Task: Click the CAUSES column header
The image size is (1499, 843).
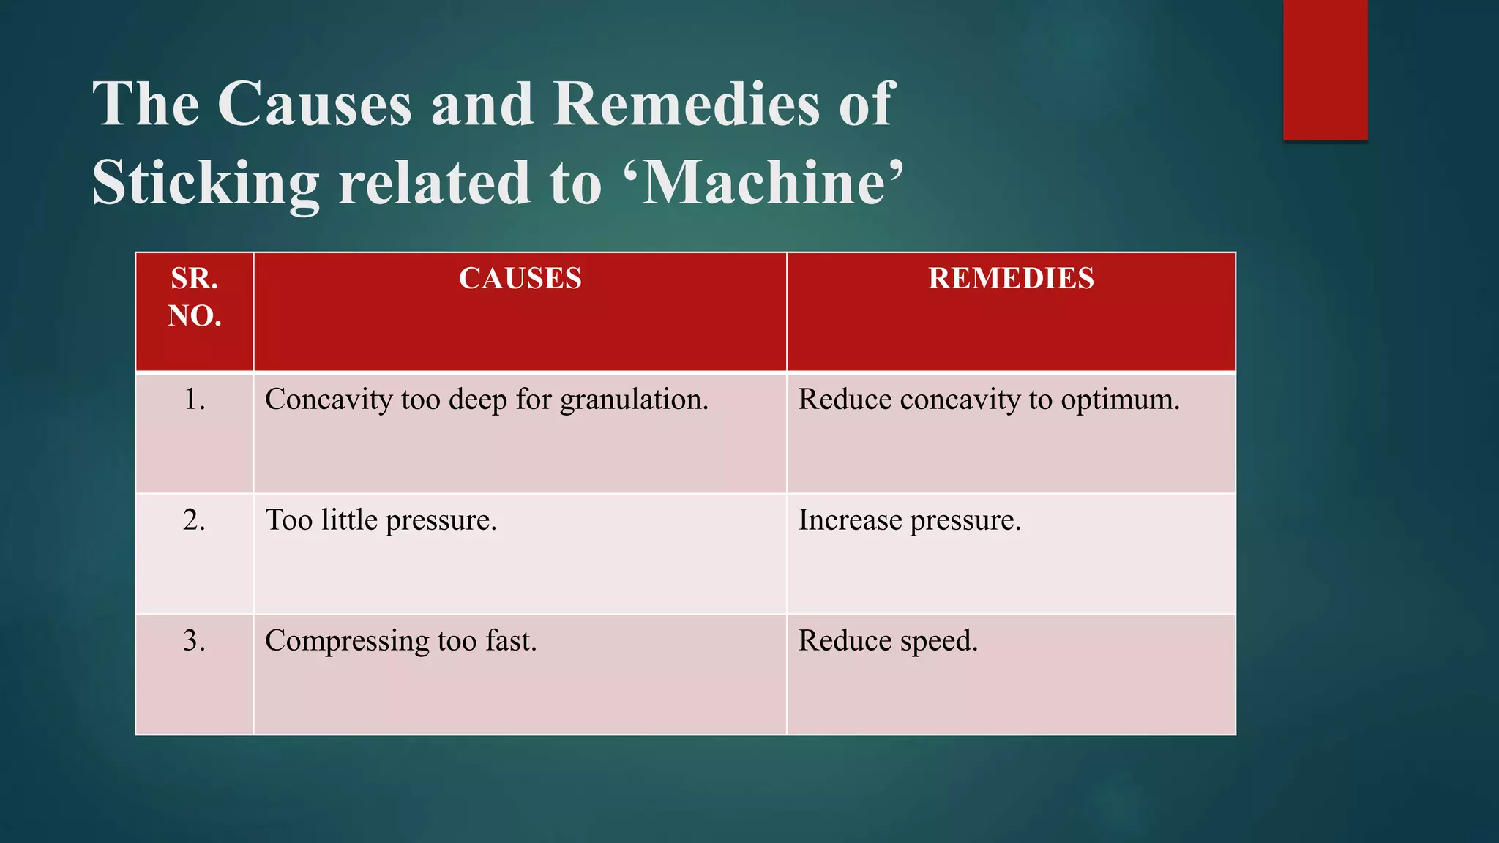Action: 520,279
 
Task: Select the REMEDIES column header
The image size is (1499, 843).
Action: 1011,279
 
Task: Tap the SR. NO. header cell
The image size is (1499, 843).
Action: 194,297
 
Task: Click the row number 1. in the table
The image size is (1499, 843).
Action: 194,400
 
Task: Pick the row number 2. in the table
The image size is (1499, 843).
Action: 194,520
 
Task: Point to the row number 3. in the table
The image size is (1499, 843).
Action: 194,641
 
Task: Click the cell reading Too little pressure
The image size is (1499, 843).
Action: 381,520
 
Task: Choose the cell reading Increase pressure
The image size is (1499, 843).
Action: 909,520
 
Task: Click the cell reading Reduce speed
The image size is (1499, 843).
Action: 888,642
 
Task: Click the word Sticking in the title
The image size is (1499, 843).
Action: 206,183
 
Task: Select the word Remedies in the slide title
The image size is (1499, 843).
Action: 686,104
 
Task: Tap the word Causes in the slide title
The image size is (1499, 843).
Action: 315,104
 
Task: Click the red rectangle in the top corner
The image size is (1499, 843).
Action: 1325,70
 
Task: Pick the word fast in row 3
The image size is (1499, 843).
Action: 511,641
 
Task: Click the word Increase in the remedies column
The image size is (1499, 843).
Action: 850,520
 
